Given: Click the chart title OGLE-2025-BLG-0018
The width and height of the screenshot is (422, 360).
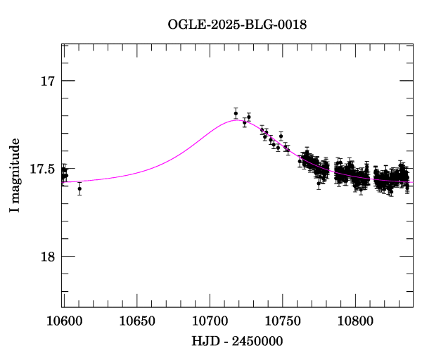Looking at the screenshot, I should [x=237, y=25].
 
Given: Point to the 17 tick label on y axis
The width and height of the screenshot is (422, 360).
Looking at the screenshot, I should [x=48, y=81].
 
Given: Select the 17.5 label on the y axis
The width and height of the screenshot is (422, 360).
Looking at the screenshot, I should [x=43, y=169].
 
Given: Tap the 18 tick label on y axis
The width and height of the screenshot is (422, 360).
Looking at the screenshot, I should [x=48, y=257].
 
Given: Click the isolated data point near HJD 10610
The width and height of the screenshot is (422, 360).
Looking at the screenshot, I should [x=79, y=188].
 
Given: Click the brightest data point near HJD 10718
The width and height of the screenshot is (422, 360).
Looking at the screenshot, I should [x=236, y=113].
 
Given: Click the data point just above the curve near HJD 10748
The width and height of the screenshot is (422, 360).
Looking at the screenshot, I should [x=281, y=136].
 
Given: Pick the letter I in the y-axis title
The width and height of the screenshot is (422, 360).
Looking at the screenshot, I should [x=14, y=211].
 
